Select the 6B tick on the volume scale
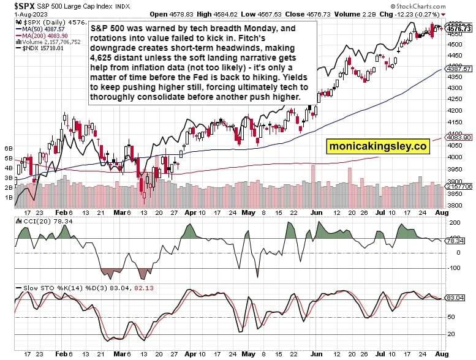(9, 148)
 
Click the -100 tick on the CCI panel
(454, 268)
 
